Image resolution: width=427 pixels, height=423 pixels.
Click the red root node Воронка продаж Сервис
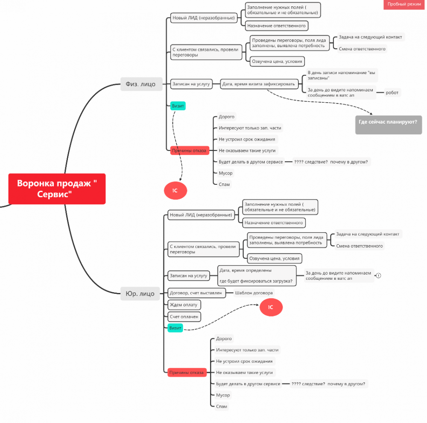[57, 189]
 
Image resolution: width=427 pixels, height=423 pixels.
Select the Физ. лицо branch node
[141, 84]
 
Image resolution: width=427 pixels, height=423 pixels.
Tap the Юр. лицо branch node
[140, 293]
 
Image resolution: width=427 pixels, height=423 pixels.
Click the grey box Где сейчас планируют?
[388, 124]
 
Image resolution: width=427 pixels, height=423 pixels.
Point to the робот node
[392, 92]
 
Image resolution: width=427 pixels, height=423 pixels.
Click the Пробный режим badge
[404, 4]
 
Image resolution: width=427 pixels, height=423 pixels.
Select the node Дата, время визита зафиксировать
[258, 84]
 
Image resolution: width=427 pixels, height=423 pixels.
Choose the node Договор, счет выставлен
[196, 293]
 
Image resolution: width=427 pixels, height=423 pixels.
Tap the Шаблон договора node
[254, 293]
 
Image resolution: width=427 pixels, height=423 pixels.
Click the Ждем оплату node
[184, 305]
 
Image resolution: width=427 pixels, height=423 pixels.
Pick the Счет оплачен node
[184, 317]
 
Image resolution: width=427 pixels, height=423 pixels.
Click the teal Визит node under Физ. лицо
[178, 106]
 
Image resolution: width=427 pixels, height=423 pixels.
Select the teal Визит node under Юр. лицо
[175, 328]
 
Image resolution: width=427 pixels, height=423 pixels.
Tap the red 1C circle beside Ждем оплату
[271, 308]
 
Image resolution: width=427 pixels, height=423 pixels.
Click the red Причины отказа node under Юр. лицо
[187, 372]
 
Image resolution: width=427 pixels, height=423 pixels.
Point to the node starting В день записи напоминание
[342, 75]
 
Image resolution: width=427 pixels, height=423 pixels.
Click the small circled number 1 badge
[378, 275]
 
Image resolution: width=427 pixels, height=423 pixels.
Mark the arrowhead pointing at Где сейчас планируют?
[371, 113]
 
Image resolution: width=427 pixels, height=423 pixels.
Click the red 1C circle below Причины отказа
[175, 190]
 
